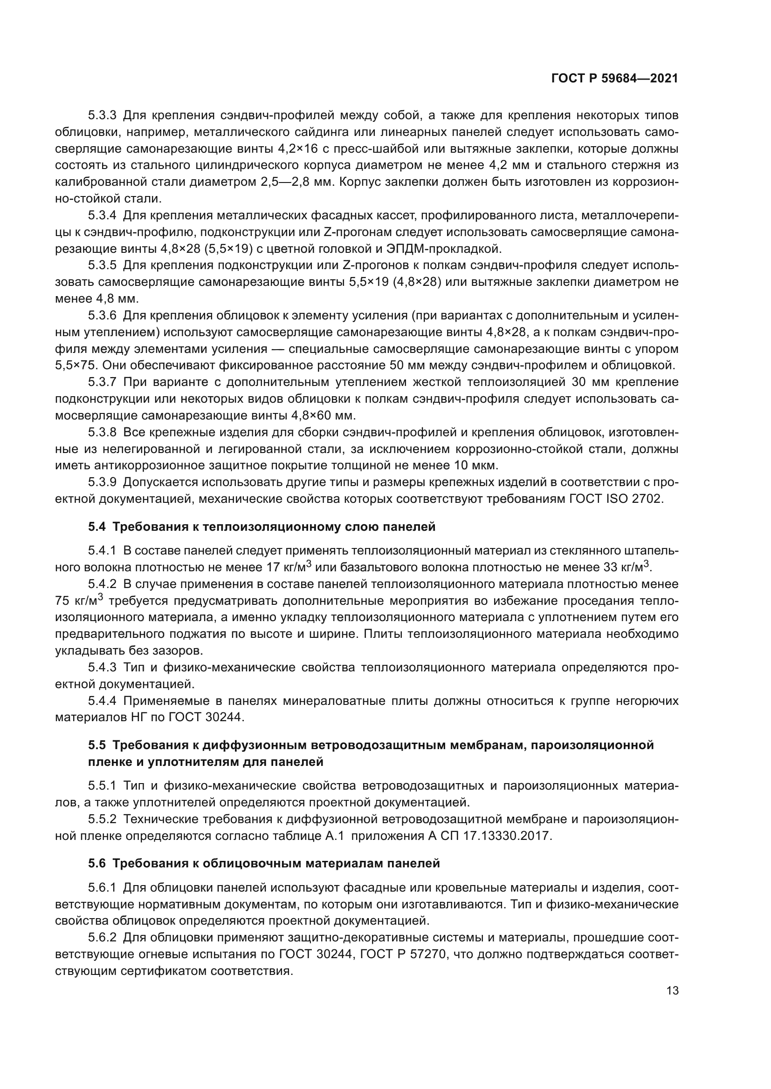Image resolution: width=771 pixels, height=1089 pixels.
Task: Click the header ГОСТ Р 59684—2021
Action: (614, 79)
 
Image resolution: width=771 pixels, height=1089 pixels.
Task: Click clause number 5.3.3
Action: (102, 115)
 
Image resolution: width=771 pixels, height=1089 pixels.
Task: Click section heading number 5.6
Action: (97, 863)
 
